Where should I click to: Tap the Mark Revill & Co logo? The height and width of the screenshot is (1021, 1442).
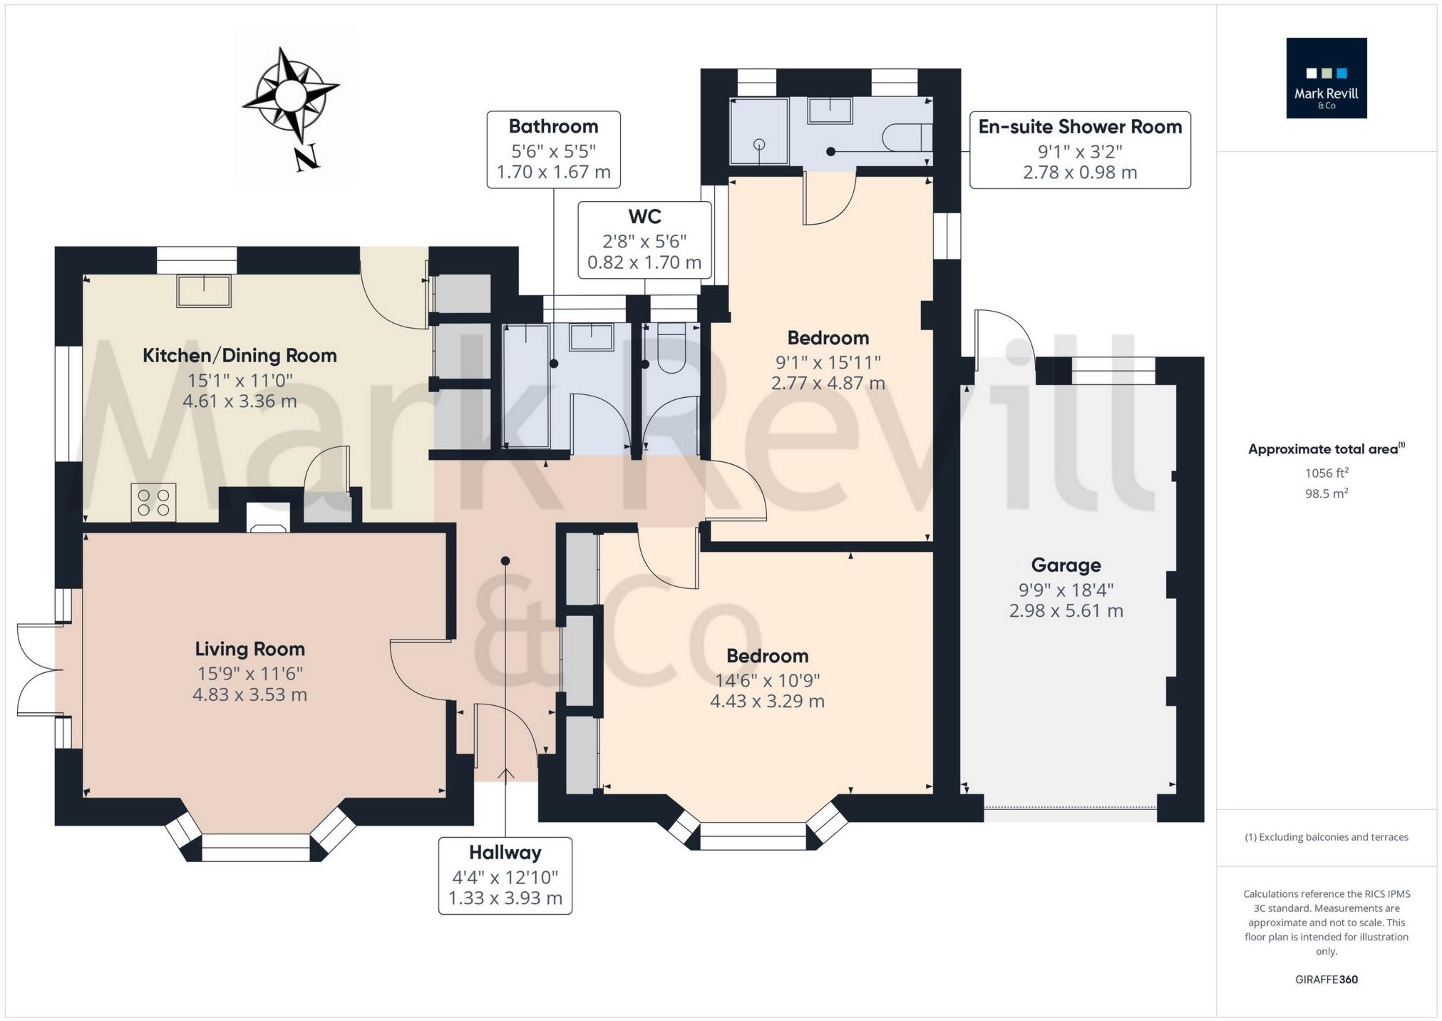tap(1326, 78)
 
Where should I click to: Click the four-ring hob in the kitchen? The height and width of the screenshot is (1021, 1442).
tap(153, 502)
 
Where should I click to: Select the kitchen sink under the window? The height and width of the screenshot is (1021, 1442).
tap(204, 291)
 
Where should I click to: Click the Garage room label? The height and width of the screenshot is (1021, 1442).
tap(1066, 565)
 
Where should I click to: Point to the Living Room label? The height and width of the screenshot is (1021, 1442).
tap(249, 649)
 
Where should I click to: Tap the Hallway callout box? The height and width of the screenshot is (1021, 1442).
tap(505, 875)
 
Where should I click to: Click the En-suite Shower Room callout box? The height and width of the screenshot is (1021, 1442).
tap(1079, 150)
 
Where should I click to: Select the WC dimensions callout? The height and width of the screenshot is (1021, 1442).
tap(644, 240)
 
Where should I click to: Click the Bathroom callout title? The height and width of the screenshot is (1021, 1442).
tap(553, 127)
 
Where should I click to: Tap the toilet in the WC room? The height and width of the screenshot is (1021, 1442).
tap(671, 349)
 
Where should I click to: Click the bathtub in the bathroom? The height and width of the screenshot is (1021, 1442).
tap(526, 385)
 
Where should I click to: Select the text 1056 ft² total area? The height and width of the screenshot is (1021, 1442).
tap(1326, 473)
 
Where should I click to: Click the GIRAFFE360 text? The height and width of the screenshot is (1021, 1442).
tap(1326, 979)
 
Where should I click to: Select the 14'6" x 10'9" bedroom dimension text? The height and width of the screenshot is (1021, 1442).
tap(767, 680)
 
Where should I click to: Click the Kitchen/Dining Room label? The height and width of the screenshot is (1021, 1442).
tap(240, 356)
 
